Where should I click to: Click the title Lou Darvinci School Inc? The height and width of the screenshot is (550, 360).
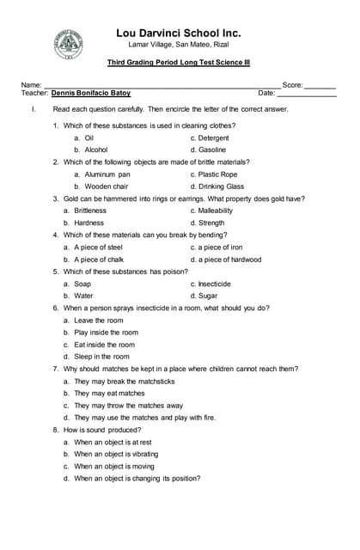pos(178,34)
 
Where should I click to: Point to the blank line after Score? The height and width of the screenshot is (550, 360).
pos(320,86)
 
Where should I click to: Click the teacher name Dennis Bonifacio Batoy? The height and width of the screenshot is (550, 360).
pos(91,93)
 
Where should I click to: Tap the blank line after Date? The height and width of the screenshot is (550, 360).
pos(306,93)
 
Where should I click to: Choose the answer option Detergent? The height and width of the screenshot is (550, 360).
pos(209,137)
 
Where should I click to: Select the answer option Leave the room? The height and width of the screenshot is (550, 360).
pos(98,321)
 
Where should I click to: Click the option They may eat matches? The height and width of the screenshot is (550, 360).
pos(109,393)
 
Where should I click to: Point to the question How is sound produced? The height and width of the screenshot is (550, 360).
pos(101,430)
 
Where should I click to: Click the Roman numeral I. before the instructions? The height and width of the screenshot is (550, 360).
pos(33,109)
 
